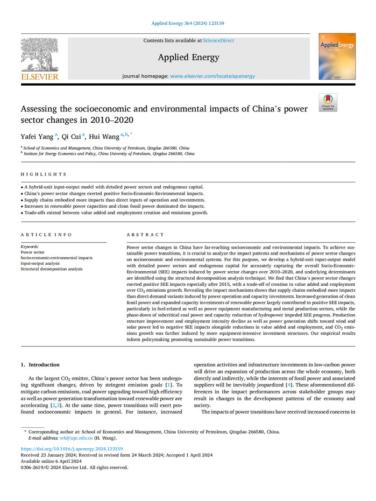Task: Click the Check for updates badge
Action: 328,103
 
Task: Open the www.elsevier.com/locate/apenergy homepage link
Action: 212,76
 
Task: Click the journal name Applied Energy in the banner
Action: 188,58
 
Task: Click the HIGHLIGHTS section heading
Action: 44,174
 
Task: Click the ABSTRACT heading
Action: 145,235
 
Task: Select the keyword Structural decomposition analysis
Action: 52,269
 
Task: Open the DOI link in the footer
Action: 72,448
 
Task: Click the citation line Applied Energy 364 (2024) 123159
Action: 188,23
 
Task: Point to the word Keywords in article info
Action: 30,246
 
